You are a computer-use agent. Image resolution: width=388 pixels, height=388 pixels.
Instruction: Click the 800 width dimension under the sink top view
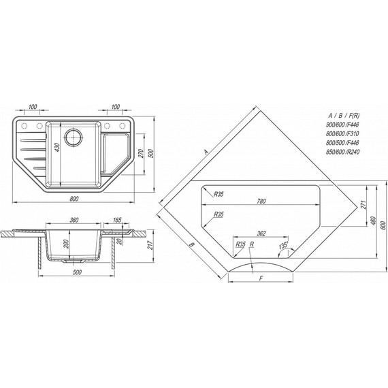point(74,199)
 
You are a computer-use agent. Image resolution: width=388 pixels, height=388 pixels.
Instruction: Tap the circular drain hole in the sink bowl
point(73,137)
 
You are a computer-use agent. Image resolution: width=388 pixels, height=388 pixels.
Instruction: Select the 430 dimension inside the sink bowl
point(57,148)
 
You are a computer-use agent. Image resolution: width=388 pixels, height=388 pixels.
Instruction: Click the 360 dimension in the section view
point(74,220)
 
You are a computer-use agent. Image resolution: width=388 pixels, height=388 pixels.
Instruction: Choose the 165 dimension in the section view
point(117,220)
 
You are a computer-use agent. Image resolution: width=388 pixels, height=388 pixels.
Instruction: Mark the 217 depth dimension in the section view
point(150,245)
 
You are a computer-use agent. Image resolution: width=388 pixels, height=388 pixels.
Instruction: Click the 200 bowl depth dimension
point(65,244)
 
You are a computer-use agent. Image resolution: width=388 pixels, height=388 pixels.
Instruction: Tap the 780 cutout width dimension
point(261,201)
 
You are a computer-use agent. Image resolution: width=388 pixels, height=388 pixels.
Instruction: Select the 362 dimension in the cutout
point(261,233)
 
